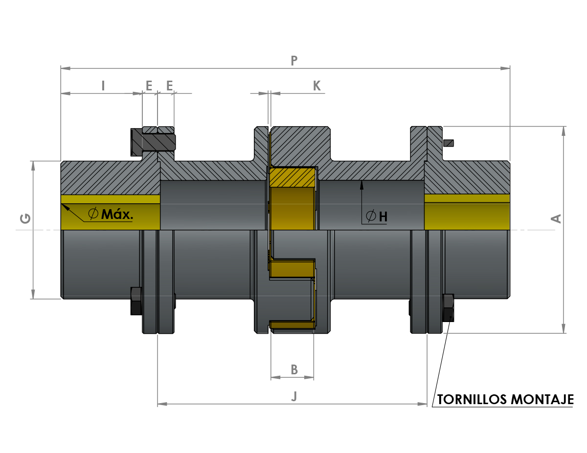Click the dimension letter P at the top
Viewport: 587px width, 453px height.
pyautogui.click(x=294, y=61)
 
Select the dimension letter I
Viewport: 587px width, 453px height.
pyautogui.click(x=103, y=86)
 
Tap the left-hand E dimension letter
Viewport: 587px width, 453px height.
pyautogui.click(x=149, y=86)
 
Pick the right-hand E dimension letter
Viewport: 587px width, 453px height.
pyautogui.click(x=169, y=86)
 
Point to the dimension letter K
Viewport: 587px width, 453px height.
pyautogui.click(x=317, y=86)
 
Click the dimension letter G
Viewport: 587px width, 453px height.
pyautogui.click(x=25, y=218)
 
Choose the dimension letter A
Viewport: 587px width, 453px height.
pyautogui.click(x=556, y=218)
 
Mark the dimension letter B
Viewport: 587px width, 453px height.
pyautogui.click(x=294, y=369)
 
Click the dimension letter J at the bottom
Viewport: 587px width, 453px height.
pyautogui.click(x=294, y=396)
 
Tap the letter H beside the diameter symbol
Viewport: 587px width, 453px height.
pyautogui.click(x=383, y=216)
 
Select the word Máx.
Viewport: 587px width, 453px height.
pyautogui.click(x=117, y=214)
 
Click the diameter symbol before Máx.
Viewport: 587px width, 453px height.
pyautogui.click(x=93, y=214)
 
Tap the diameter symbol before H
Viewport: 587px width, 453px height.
pyautogui.click(x=371, y=216)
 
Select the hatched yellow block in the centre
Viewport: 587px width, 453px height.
pyautogui.click(x=293, y=177)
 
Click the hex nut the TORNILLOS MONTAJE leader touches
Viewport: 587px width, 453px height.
pyautogui.click(x=449, y=308)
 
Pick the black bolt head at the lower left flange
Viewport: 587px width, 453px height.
pyautogui.click(x=136, y=301)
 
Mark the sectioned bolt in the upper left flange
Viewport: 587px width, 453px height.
pyautogui.click(x=153, y=142)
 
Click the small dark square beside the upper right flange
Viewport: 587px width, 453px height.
pyautogui.click(x=449, y=143)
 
